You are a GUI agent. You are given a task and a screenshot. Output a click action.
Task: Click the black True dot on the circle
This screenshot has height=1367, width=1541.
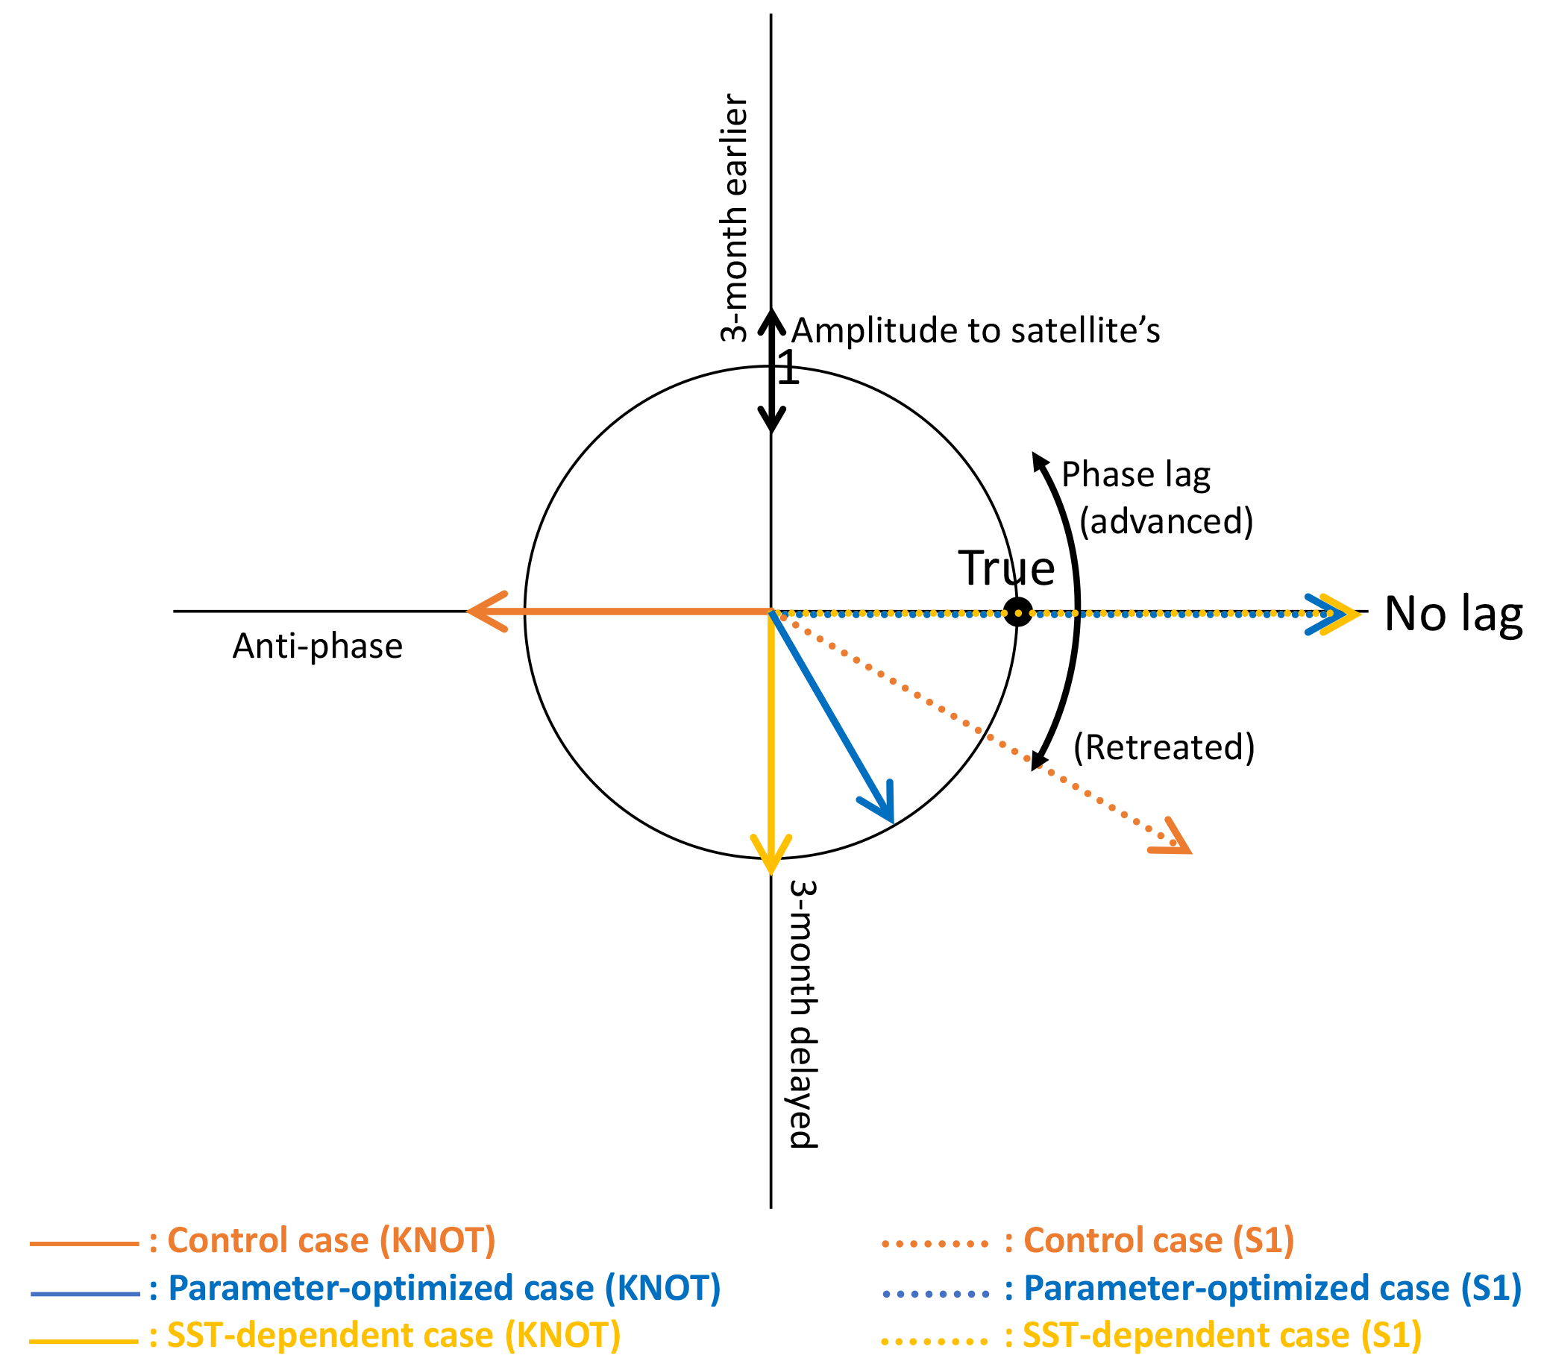coord(1018,612)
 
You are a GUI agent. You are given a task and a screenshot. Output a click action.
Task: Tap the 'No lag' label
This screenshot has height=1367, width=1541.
coord(1454,613)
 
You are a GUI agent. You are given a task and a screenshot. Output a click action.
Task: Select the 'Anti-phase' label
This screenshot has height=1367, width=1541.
coord(318,646)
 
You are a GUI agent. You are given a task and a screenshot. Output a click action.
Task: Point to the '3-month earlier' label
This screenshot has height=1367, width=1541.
coord(733,218)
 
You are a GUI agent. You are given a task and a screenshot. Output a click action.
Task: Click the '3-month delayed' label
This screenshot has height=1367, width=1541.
coord(803,1014)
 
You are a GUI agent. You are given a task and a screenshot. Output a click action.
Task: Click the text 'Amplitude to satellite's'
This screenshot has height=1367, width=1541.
coord(976,330)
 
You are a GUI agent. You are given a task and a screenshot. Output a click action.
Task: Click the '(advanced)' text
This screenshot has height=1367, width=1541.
coord(1167,521)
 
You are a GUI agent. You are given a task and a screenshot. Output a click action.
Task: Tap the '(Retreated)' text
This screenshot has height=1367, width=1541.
coord(1164,747)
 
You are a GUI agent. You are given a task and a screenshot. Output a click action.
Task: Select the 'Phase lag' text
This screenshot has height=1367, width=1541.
coord(1136,475)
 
